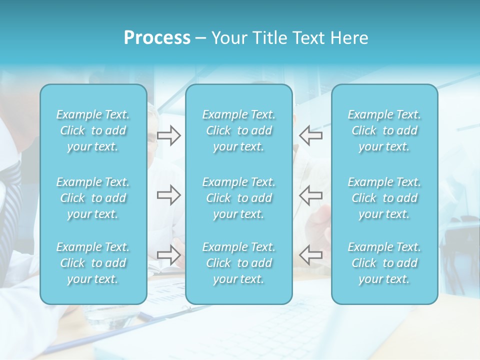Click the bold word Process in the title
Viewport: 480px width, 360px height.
coord(157,38)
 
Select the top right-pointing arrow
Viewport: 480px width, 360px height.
coord(168,135)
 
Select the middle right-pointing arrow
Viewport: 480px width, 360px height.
coord(168,195)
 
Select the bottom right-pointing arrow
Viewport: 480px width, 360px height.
coord(168,255)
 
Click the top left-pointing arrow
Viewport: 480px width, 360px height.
coord(310,135)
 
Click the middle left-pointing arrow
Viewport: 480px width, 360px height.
coord(310,195)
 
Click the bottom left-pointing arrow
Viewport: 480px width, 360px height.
coord(310,255)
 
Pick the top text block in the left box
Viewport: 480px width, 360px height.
coord(93,130)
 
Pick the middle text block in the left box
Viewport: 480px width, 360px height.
coord(93,198)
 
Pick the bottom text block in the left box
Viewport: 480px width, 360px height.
coord(93,263)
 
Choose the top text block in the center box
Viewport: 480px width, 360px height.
coord(239,130)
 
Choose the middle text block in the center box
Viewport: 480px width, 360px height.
coord(239,198)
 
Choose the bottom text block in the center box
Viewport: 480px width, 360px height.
coord(239,263)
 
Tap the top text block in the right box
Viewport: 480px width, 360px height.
coord(384,130)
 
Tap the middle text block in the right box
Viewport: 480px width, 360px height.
coord(384,198)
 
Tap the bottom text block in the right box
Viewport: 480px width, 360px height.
coord(384,263)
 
